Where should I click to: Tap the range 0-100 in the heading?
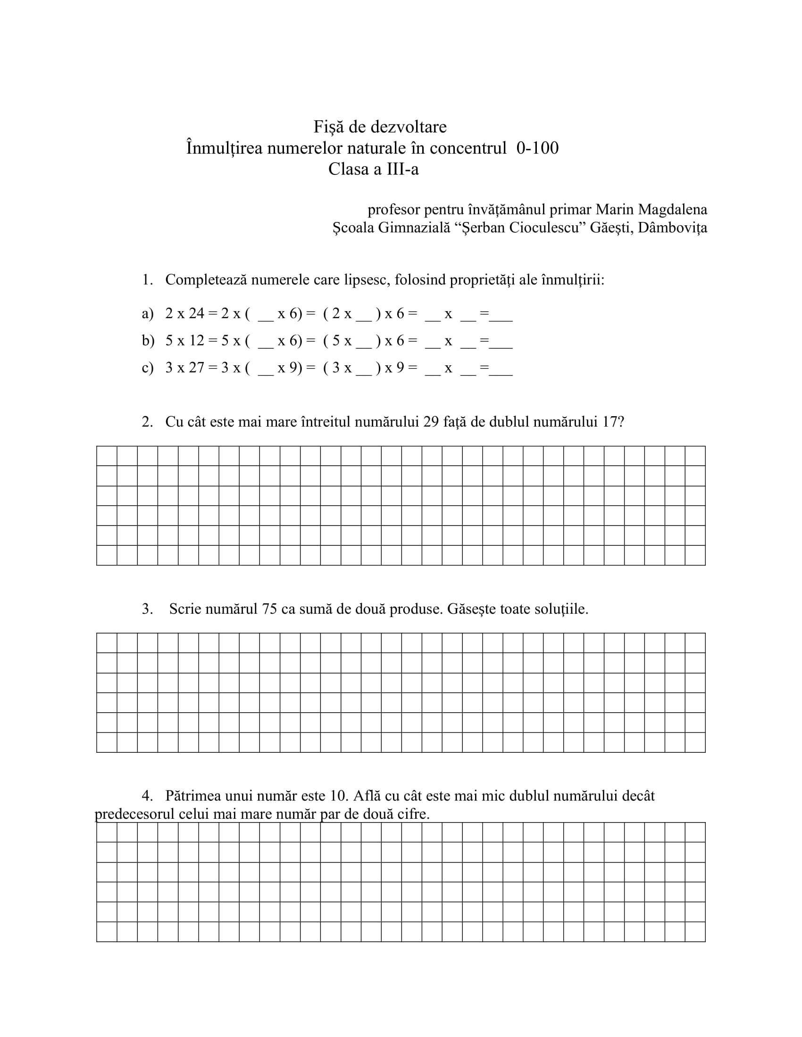click(x=537, y=148)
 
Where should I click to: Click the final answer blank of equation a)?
click(x=501, y=319)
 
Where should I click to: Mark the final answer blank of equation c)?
click(x=501, y=373)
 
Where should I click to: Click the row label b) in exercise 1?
click(x=148, y=340)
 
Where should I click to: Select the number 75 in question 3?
click(x=269, y=609)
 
